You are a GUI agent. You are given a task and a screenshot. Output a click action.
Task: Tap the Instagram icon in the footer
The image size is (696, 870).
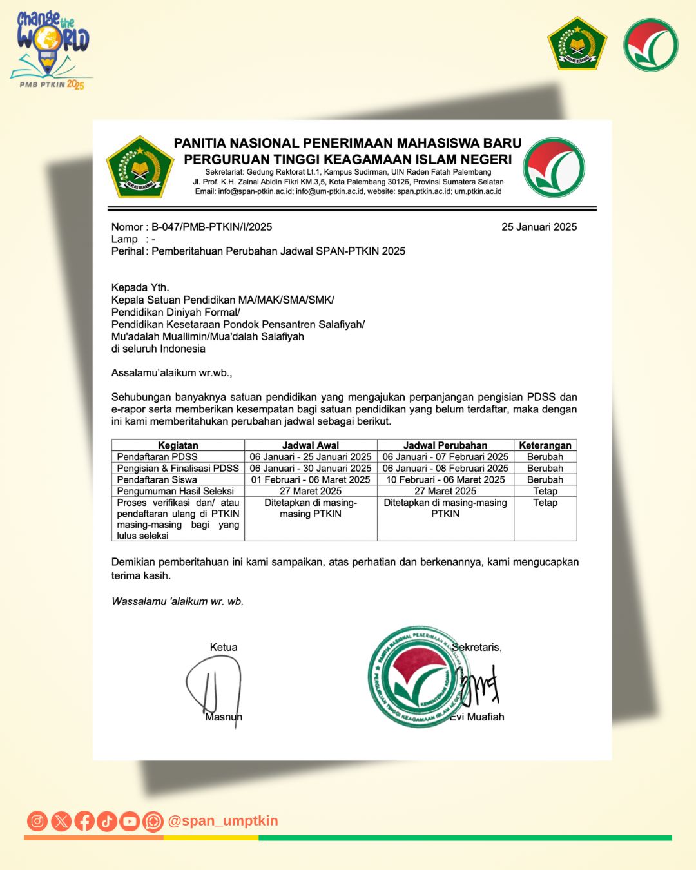[37, 821]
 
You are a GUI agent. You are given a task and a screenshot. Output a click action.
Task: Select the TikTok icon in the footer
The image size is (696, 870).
[107, 821]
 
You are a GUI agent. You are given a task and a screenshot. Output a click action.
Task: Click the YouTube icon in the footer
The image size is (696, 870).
[130, 821]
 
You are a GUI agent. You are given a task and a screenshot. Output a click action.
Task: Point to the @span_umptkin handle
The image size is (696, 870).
[223, 821]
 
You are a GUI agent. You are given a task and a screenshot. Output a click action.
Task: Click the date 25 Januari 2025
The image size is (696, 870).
[539, 227]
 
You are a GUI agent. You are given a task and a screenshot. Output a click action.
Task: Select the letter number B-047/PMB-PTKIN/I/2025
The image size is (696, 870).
[211, 227]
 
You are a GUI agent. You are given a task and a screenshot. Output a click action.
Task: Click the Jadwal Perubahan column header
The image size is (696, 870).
[445, 445]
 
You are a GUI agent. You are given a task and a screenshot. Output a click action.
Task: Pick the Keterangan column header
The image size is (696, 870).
[545, 445]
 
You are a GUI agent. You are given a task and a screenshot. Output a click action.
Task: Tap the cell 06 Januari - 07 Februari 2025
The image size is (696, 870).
[445, 457]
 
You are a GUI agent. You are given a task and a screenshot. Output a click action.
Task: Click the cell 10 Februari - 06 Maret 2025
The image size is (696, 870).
[445, 479]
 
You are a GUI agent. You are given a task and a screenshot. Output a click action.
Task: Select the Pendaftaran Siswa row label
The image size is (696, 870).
[157, 479]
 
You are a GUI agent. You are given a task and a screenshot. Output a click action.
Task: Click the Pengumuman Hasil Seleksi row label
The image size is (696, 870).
[175, 491]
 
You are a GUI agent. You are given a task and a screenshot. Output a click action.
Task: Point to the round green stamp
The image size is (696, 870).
[416, 677]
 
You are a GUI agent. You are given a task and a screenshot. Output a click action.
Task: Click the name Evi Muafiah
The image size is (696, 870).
[477, 717]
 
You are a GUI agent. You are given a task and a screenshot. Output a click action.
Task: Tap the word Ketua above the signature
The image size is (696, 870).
[224, 647]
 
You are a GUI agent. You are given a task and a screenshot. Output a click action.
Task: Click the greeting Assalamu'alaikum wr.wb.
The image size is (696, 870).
[171, 372]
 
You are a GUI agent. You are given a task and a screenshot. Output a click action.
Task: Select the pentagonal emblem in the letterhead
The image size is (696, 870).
[140, 167]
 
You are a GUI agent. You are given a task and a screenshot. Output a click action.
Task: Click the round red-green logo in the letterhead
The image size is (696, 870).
[554, 167]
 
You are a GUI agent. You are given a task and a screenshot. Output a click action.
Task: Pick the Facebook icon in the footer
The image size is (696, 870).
[84, 821]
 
